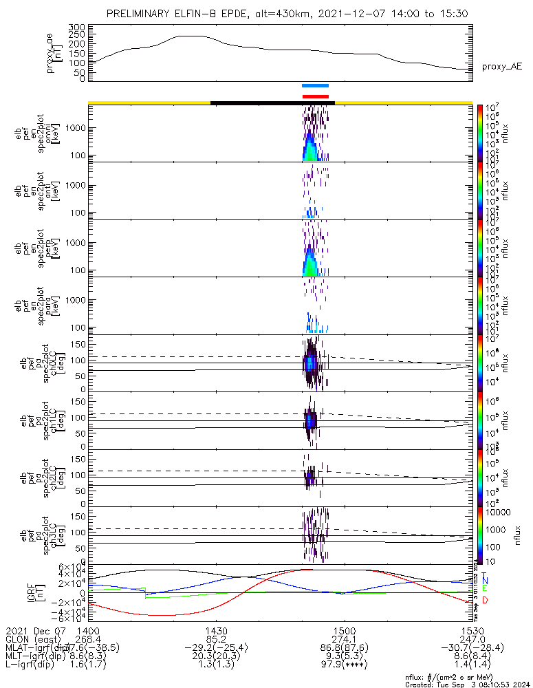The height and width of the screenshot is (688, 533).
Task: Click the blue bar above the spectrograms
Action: (316, 86)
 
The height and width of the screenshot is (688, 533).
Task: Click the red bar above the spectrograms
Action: (316, 96)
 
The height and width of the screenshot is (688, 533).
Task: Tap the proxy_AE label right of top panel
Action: (503, 66)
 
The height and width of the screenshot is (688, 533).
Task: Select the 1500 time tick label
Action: (344, 630)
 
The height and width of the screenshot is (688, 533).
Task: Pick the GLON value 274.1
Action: (344, 638)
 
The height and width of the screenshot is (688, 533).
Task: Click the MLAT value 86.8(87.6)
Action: (344, 647)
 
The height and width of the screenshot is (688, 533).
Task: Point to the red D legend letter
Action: (485, 601)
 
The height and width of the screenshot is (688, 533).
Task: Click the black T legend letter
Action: (485, 575)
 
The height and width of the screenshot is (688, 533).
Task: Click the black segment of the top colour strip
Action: (272, 103)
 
